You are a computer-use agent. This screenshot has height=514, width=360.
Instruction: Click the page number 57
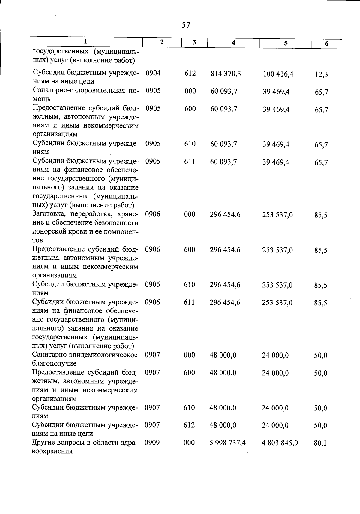[186, 25]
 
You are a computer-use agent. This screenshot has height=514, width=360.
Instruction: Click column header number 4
[233, 43]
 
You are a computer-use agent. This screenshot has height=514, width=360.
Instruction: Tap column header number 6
[327, 44]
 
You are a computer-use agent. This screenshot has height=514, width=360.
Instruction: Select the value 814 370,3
[226, 74]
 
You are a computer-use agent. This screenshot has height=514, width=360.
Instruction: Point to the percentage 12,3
[321, 74]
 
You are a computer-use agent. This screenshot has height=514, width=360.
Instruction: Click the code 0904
[153, 73]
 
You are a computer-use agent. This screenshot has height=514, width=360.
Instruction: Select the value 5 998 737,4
[228, 443]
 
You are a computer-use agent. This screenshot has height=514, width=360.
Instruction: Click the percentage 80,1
[320, 443]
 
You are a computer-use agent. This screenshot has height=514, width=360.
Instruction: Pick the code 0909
[152, 443]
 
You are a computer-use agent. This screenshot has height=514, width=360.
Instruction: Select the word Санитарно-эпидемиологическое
[85, 355]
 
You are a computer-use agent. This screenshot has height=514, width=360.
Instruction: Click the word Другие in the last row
[43, 443]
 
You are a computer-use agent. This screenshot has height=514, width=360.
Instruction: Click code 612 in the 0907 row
[189, 425]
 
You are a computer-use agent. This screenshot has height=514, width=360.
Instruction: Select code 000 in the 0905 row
[190, 91]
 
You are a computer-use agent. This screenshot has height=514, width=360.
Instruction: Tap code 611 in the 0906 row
[189, 302]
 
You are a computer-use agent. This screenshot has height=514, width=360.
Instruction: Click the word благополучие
[54, 364]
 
